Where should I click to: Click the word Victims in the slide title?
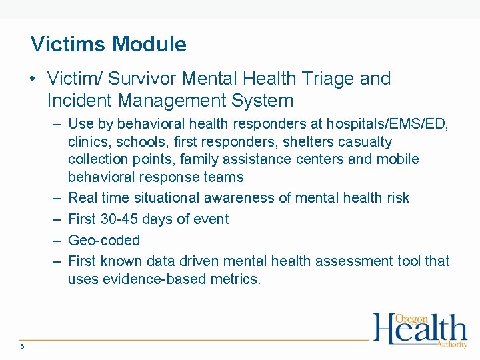coord(69,45)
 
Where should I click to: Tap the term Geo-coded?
coord(104,240)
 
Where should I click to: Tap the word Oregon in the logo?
coord(411,319)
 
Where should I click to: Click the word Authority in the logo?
coord(451,344)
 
